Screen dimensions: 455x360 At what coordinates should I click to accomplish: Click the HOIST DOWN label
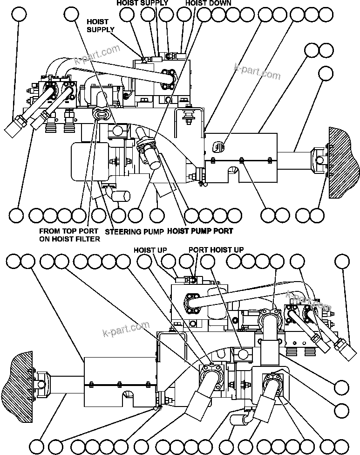(208, 3)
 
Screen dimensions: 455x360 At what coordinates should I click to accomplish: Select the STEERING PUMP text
(134, 231)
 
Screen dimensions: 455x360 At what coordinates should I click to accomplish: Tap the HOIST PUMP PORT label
(200, 231)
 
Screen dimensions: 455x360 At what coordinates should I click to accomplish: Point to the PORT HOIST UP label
(216, 250)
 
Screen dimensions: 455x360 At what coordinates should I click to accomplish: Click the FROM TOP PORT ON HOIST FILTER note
(69, 235)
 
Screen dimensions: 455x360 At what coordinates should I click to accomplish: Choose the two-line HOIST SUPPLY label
(101, 26)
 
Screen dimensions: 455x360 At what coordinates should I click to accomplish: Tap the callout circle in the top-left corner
(19, 15)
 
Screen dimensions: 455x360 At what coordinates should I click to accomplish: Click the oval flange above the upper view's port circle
(101, 113)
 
